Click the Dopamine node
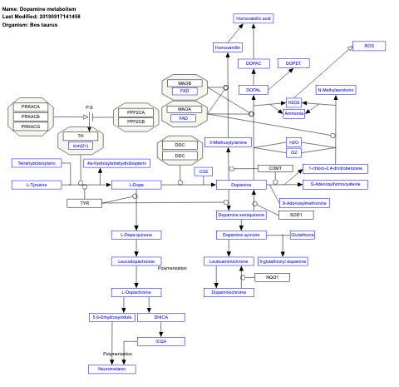pos(234,184)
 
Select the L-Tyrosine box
pos(35,184)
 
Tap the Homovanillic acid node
pos(253,17)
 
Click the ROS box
pos(369,46)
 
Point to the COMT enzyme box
pos(274,168)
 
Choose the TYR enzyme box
pos(85,203)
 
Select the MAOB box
pos(184,83)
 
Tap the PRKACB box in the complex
pos(31,116)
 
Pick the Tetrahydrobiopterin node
pos(34,162)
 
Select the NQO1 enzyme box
pos(272,276)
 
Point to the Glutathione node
pos(302,235)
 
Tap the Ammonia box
pos(293,113)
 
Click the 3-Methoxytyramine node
pos(228,142)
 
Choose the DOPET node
pos(293,63)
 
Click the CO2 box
pos(202,171)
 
